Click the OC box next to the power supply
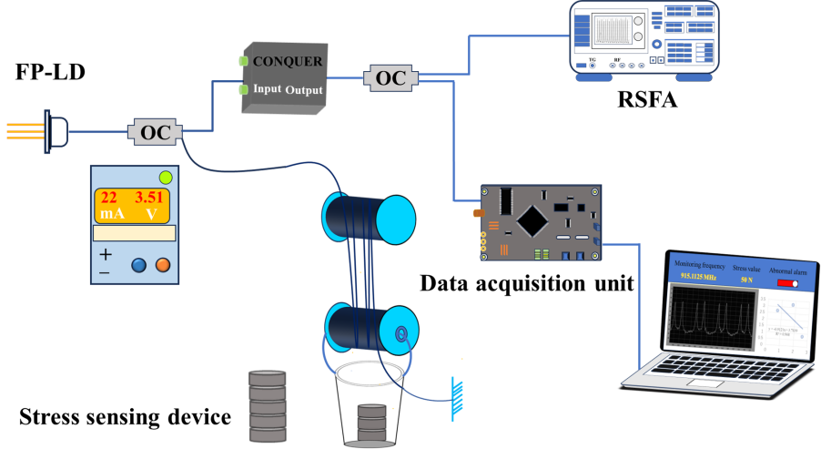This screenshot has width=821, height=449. click(x=155, y=133)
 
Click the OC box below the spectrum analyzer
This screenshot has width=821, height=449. click(x=390, y=78)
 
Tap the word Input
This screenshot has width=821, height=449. click(x=267, y=88)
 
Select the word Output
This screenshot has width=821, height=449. click(x=304, y=90)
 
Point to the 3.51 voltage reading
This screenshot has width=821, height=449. click(x=148, y=198)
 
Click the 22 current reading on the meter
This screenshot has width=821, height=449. click(x=108, y=198)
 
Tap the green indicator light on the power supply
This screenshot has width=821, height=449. click(x=166, y=177)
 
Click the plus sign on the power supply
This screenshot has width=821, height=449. click(x=106, y=254)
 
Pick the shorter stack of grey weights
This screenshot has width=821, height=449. click(x=371, y=423)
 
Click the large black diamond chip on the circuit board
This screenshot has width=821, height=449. click(x=532, y=219)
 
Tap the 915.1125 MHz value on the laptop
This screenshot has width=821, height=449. click(x=698, y=276)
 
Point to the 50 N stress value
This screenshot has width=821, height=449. click(x=746, y=280)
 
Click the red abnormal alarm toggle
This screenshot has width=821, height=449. click(x=787, y=283)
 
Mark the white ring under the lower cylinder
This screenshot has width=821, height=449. click(x=370, y=372)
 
